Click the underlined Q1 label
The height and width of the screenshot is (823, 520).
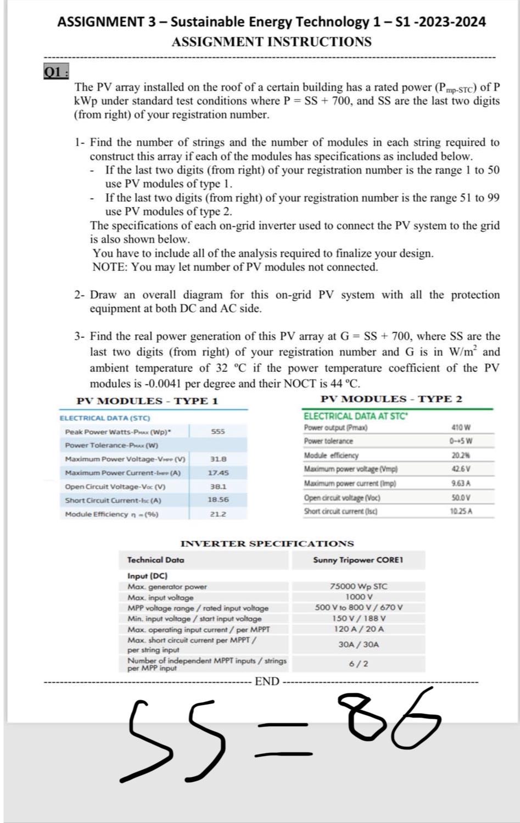[x=55, y=73]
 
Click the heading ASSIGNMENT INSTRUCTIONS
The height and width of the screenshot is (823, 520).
[x=271, y=42]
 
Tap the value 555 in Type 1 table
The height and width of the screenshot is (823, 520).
[x=218, y=431]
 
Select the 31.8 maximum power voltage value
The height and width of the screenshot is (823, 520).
[x=218, y=458]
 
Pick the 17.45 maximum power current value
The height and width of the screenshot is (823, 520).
[x=218, y=472]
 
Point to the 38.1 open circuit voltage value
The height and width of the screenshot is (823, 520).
[x=218, y=486]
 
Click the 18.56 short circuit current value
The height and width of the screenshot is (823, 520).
[x=218, y=500]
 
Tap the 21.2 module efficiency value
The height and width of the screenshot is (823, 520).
[x=218, y=514]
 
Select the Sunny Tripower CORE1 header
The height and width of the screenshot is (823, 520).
[x=358, y=560]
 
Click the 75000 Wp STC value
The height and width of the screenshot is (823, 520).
[x=358, y=587]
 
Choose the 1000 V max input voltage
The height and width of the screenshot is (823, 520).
[x=359, y=597]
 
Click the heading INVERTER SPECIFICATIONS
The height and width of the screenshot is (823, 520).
[x=267, y=544]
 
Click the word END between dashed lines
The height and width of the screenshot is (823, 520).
[x=267, y=682]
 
